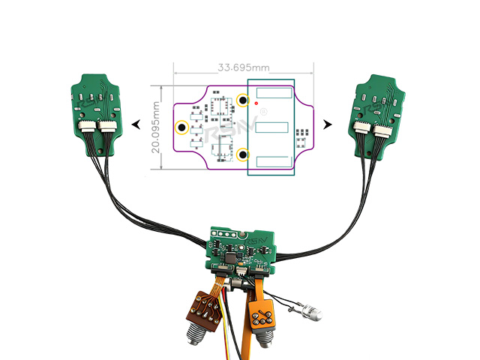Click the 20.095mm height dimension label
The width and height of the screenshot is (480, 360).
point(155,128)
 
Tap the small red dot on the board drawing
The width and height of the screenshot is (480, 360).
point(256,103)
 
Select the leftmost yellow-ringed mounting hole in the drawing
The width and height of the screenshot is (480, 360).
point(181,127)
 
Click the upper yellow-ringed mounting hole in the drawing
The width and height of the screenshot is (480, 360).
point(242,100)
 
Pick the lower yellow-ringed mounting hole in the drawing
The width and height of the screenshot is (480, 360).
point(243,155)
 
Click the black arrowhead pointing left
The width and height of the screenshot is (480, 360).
point(136,124)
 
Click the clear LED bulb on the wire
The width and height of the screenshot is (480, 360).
point(310,310)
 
